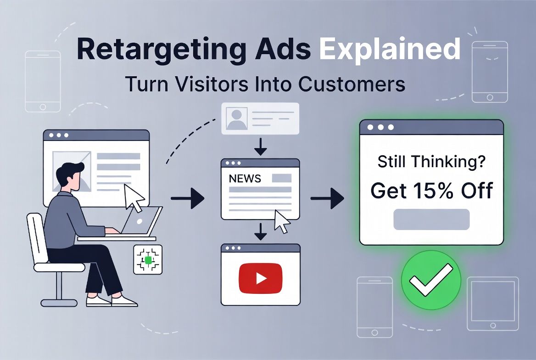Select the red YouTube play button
(260, 278)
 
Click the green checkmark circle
(430, 280)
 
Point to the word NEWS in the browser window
(245, 179)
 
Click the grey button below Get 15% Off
(431, 219)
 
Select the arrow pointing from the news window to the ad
(327, 198)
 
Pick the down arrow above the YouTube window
(260, 232)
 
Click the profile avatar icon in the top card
(237, 118)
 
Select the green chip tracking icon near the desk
(148, 260)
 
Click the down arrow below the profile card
(260, 146)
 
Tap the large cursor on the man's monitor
(134, 197)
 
